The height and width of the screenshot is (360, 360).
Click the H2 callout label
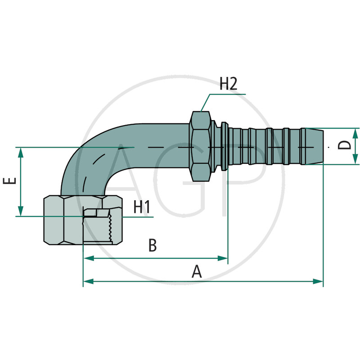[x=228, y=84]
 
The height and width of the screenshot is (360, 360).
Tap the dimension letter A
[x=197, y=271]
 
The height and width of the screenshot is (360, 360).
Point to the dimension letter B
[x=153, y=246]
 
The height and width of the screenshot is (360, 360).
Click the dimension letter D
[x=344, y=145]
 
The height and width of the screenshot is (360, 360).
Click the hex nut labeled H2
[x=201, y=146]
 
